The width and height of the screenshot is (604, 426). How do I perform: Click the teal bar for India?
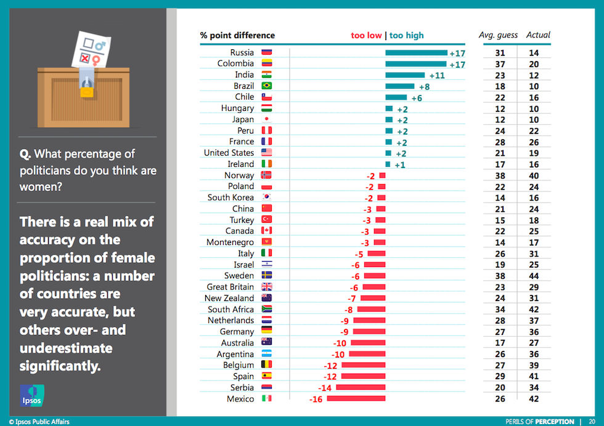[405, 75]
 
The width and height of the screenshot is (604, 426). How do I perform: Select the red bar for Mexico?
[356, 399]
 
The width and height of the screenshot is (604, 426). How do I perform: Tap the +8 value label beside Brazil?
[423, 86]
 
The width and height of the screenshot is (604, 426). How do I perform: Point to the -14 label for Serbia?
[325, 388]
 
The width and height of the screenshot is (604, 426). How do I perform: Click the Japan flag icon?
[267, 119]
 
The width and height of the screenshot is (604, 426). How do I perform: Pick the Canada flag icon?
[267, 231]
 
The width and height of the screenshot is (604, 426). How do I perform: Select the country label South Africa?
[231, 310]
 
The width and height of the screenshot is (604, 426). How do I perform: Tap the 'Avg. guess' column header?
[498, 35]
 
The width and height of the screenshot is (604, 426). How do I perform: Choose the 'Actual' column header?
[538, 35]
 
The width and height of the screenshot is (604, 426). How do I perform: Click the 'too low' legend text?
[366, 35]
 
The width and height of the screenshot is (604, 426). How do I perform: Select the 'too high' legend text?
[407, 35]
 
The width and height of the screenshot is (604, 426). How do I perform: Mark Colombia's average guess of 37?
[500, 63]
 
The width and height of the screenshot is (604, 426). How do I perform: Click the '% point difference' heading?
[237, 35]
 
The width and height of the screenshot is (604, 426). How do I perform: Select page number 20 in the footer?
[592, 422]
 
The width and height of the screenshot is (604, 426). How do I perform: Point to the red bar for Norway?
[382, 175]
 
